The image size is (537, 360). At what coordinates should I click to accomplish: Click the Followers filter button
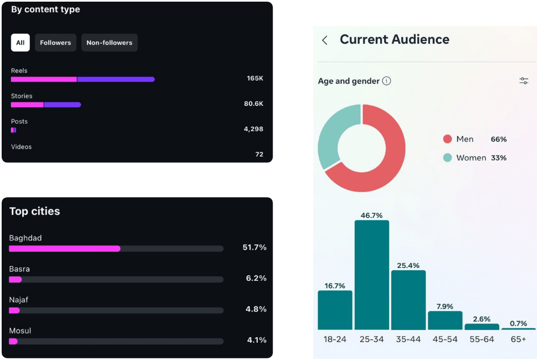pyautogui.click(x=55, y=43)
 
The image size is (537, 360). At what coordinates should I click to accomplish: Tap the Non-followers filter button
pyautogui.click(x=109, y=43)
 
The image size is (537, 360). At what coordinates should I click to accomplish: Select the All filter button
pyautogui.click(x=21, y=43)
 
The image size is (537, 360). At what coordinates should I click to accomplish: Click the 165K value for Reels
pyautogui.click(x=255, y=79)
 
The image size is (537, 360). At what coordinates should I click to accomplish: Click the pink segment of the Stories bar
pyautogui.click(x=27, y=105)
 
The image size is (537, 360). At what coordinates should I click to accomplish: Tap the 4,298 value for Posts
pyautogui.click(x=253, y=129)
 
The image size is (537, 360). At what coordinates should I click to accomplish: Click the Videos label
pyautogui.click(x=21, y=147)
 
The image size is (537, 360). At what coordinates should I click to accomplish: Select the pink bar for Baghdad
pyautogui.click(x=64, y=249)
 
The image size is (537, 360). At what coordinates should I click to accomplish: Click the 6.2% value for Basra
pyautogui.click(x=256, y=278)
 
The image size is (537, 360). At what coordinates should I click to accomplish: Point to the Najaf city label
pyautogui.click(x=18, y=300)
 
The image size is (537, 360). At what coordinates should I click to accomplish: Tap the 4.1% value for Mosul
pyautogui.click(x=256, y=340)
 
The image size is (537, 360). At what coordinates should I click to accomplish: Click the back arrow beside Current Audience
pyautogui.click(x=325, y=40)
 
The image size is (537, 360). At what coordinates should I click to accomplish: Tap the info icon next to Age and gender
pyautogui.click(x=386, y=81)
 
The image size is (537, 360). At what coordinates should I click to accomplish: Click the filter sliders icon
pyautogui.click(x=524, y=81)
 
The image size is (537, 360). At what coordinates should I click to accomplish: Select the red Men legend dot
pyautogui.click(x=448, y=139)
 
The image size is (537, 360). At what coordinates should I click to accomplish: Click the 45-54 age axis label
pyautogui.click(x=445, y=339)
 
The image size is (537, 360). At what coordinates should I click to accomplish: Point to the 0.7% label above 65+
pyautogui.click(x=518, y=323)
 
